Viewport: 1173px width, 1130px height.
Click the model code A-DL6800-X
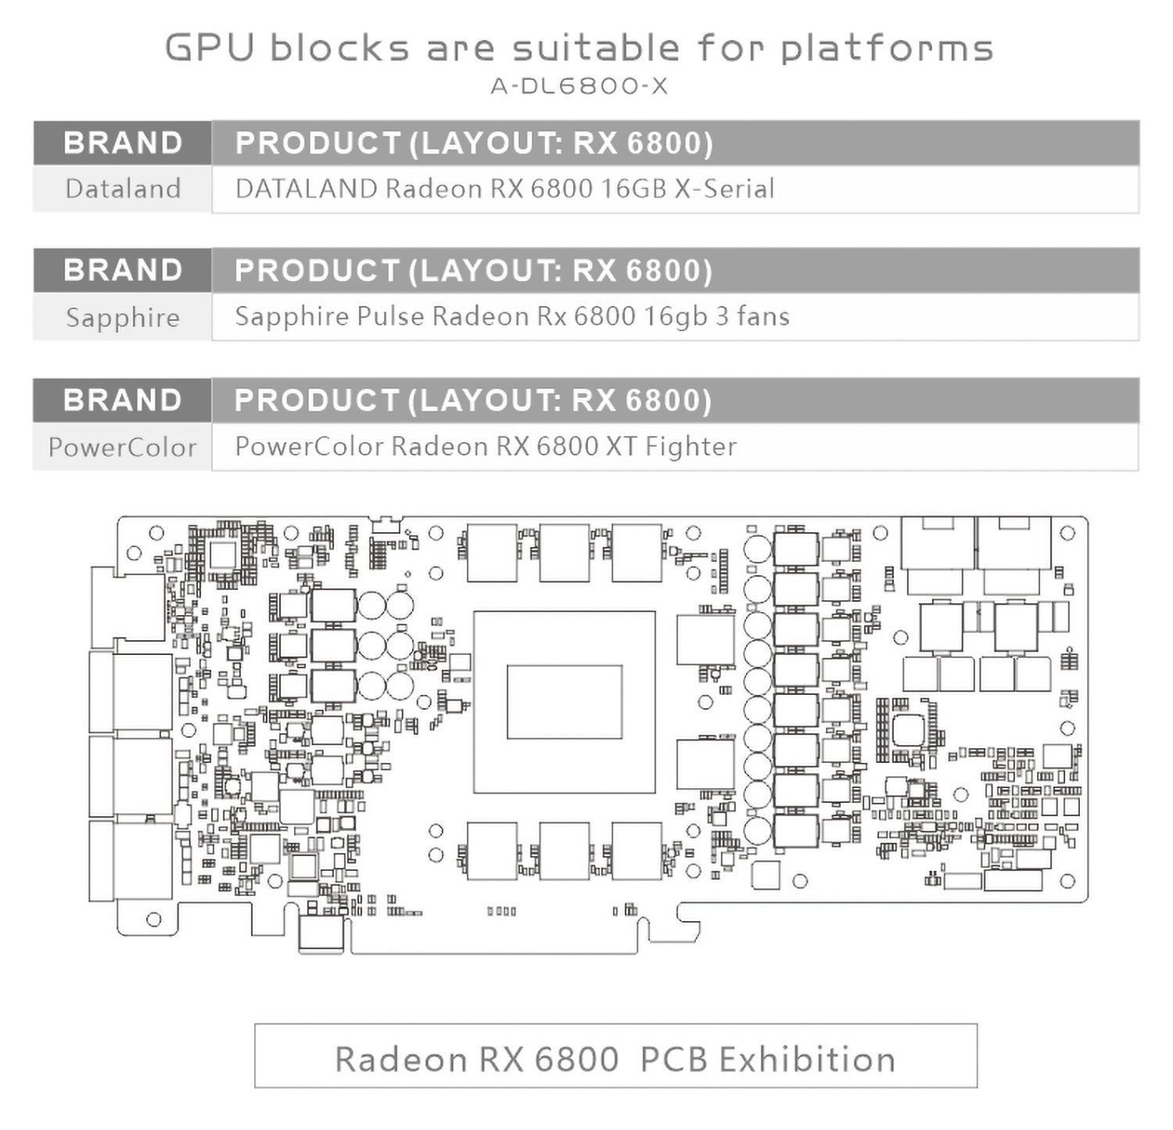point(579,85)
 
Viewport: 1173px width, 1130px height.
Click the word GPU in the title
point(210,48)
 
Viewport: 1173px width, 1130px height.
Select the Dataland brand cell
point(123,189)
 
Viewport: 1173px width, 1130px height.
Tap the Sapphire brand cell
point(123,317)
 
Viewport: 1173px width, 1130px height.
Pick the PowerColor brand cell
point(123,447)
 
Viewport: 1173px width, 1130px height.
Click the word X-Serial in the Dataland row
point(724,189)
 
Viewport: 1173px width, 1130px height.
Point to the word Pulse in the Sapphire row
point(390,316)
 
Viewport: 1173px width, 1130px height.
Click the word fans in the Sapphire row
point(761,316)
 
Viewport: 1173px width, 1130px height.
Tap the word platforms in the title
point(887,48)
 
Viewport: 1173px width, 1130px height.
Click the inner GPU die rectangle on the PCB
point(564,702)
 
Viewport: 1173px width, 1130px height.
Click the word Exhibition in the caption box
point(806,1060)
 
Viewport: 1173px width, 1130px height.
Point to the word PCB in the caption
point(674,1060)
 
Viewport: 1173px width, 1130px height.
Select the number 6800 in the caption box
point(577,1060)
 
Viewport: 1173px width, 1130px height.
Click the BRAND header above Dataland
point(123,143)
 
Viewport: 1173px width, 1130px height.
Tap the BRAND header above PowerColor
point(123,400)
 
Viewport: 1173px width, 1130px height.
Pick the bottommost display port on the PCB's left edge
point(130,860)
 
